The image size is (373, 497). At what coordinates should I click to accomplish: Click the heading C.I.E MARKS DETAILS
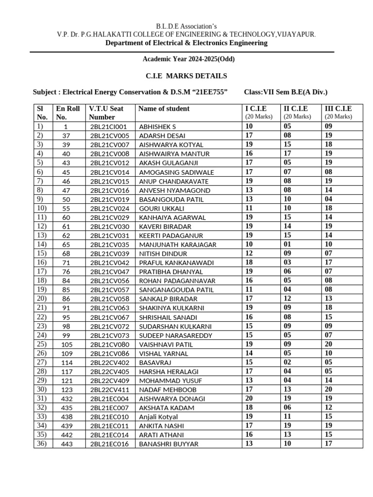186,76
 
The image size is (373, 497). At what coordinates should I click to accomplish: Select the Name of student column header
164,109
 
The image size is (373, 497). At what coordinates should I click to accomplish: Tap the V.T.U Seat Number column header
106,113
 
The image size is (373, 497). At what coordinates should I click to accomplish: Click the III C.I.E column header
338,109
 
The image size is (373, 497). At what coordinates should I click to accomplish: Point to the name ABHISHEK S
157,127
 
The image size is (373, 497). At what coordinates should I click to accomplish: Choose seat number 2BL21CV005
110,136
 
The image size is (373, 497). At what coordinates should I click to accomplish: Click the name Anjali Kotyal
158,417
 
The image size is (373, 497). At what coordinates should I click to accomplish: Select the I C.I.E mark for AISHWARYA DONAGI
249,398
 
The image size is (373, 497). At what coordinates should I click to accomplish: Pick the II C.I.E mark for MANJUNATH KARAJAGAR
288,244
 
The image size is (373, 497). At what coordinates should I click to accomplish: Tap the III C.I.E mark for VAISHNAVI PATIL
328,344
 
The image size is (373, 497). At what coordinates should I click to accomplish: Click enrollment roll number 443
66,444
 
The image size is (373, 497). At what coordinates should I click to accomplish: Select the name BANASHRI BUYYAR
169,444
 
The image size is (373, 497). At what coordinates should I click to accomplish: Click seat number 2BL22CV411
110,390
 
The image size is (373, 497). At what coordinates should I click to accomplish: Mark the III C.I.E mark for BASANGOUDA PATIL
328,199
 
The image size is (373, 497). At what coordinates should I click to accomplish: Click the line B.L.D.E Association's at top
186,26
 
